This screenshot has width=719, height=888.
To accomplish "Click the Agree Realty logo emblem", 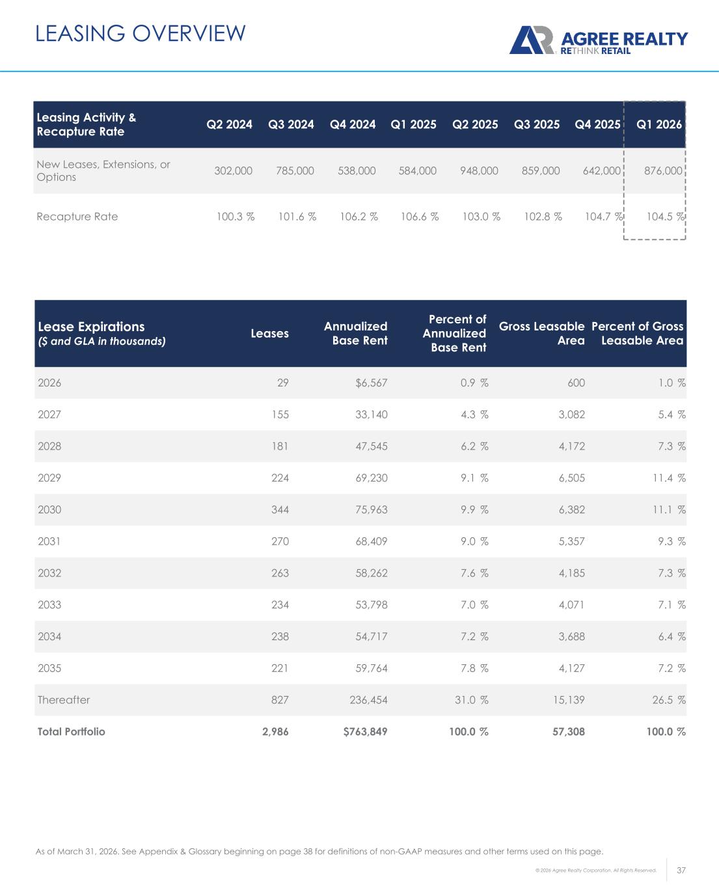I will [x=531, y=40].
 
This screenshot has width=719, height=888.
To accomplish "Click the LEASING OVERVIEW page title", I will [x=141, y=33].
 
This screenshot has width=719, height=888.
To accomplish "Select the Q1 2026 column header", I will [x=659, y=124].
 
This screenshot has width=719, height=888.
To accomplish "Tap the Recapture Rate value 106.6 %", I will [x=420, y=217].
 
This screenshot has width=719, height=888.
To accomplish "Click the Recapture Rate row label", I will [x=77, y=217].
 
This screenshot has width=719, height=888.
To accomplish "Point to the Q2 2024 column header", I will [x=229, y=124].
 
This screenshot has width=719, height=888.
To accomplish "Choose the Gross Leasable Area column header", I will [x=541, y=333].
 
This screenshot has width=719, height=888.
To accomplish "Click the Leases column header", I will [x=269, y=333].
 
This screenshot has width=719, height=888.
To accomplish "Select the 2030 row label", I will [x=49, y=509].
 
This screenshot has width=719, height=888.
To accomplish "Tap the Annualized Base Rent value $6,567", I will [x=371, y=383].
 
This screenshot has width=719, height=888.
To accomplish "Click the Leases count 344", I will [x=280, y=509].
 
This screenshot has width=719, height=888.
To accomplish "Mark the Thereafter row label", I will [x=64, y=700].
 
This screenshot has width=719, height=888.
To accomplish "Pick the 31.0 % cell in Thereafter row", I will [x=471, y=700].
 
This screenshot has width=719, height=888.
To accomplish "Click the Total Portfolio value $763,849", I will [x=365, y=731].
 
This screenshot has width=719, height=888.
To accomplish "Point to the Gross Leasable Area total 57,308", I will [x=568, y=731].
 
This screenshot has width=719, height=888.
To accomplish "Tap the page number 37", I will [x=682, y=870].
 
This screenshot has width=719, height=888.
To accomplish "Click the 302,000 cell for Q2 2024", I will [x=234, y=170].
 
